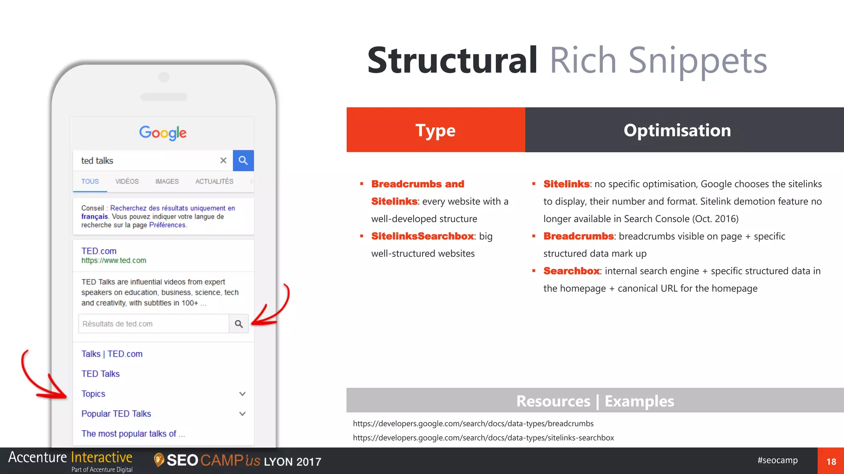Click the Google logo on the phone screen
[163, 132]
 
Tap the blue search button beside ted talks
[243, 160]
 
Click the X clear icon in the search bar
[223, 160]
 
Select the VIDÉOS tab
[127, 181]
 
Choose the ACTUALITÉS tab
[214, 181]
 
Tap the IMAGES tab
[167, 181]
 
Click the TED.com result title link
[99, 251]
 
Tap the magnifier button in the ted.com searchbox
[239, 324]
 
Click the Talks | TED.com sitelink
[112, 354]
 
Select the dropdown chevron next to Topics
[242, 394]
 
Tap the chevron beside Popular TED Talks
[242, 414]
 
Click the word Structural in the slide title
[452, 60]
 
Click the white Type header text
[435, 130]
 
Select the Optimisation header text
[677, 130]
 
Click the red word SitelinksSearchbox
[422, 236]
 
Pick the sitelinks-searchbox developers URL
[483, 438]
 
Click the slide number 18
[831, 462]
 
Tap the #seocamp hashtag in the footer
[777, 460]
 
